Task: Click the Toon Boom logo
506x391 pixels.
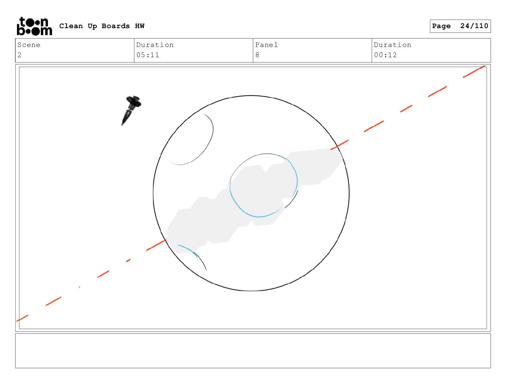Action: (34, 26)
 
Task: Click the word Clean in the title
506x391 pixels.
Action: (71, 26)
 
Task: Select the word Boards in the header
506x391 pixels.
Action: (116, 26)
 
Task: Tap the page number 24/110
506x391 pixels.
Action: (474, 26)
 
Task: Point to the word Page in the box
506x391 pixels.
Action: (441, 26)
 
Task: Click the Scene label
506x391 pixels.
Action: (29, 45)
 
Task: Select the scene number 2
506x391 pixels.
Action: (19, 55)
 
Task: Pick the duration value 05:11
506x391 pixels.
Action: (148, 55)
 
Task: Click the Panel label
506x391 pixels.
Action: (266, 45)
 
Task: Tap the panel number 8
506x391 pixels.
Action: (257, 55)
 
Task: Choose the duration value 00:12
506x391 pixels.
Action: (385, 55)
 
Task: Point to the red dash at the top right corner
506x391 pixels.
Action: (474, 72)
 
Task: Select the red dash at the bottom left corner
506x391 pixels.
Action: (22, 318)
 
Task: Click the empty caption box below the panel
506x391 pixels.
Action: (253, 351)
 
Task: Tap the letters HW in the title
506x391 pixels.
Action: (140, 26)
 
